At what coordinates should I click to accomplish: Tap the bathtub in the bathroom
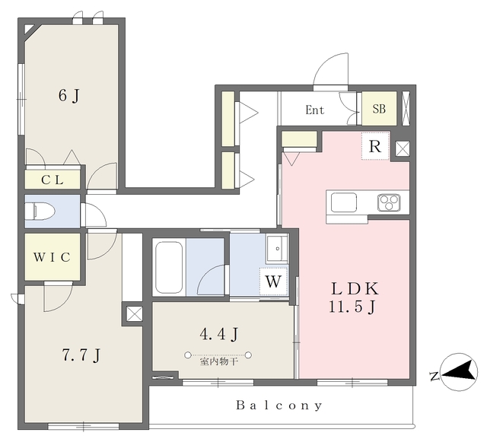[x=169, y=267]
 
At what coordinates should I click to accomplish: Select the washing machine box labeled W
[x=273, y=282]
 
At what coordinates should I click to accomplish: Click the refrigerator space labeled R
[x=375, y=146]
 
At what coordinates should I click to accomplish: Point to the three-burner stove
[x=389, y=202]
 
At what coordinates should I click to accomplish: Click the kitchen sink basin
[x=344, y=202]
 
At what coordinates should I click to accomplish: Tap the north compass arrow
[x=459, y=372]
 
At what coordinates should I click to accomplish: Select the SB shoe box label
[x=379, y=109]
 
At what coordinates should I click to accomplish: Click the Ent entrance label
[x=314, y=110]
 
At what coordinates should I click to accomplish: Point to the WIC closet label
[x=53, y=257]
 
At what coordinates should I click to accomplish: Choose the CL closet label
[x=53, y=180]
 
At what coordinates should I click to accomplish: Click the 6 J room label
[x=69, y=95]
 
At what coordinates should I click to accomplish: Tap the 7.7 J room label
[x=81, y=355]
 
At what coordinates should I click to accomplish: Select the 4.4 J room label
[x=219, y=334]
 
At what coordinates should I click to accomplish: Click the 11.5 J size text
[x=352, y=307]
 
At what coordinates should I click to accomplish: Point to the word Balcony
[x=279, y=406]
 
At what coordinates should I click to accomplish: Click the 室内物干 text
[x=219, y=361]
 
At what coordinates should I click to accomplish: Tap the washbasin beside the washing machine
[x=277, y=249]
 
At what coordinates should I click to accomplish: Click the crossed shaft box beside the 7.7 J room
[x=135, y=313]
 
